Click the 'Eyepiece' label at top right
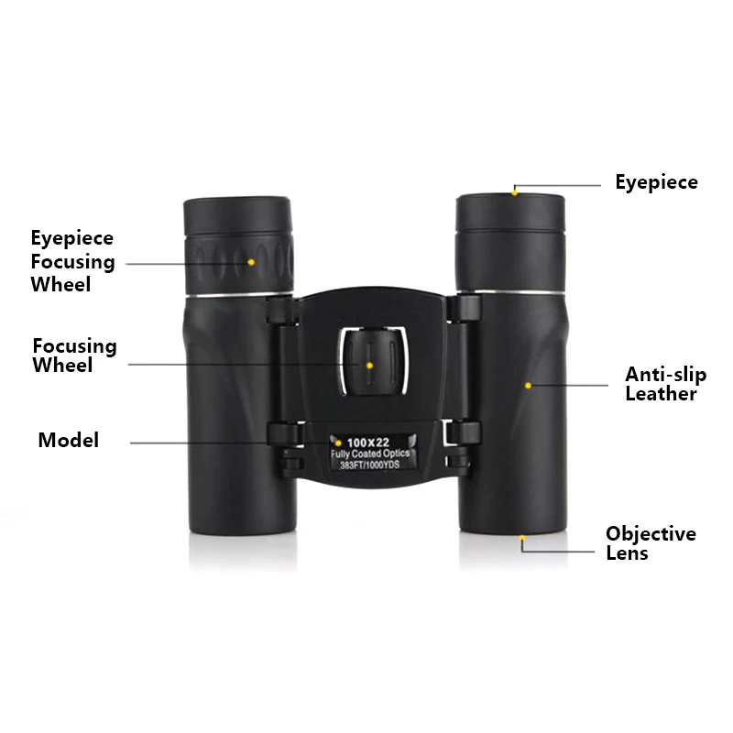click(x=656, y=182)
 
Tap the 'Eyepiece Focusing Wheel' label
click(x=73, y=261)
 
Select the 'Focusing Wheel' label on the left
click(x=74, y=356)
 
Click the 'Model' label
click(x=68, y=441)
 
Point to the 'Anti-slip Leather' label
click(x=666, y=384)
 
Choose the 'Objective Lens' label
click(x=651, y=543)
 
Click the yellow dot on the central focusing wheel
click(x=369, y=365)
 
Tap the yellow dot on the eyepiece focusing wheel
click(x=251, y=262)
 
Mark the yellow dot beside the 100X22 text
click(x=338, y=443)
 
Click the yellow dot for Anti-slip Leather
click(x=529, y=386)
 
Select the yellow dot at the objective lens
click(x=522, y=538)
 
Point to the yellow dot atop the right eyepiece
click(x=514, y=192)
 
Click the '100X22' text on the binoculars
click(x=368, y=443)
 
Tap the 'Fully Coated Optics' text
click(x=370, y=454)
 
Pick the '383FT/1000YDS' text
click(x=370, y=465)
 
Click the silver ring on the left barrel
click(x=239, y=294)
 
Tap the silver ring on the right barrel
click(x=511, y=292)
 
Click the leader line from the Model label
click(x=234, y=443)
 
